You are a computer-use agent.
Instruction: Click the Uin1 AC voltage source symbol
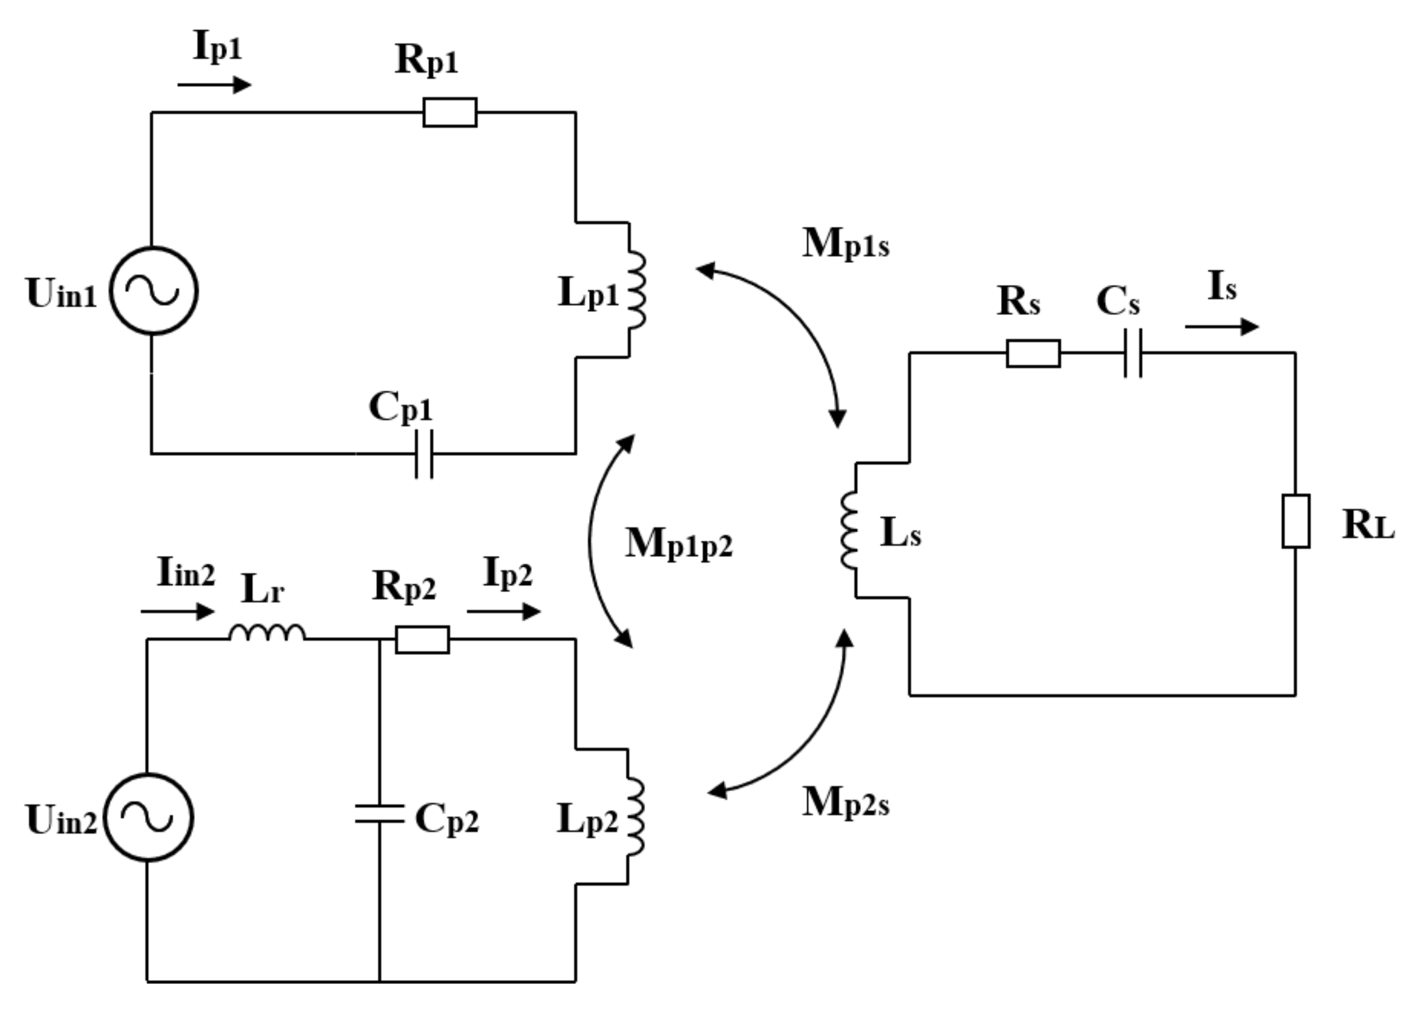point(154,291)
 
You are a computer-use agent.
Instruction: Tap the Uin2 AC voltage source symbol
point(149,817)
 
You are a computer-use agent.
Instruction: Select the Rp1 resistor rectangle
point(450,113)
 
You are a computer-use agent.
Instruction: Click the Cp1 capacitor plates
point(424,454)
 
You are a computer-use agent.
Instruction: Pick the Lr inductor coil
point(267,632)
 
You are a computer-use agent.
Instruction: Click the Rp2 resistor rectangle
point(423,640)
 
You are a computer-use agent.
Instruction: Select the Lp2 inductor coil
point(635,817)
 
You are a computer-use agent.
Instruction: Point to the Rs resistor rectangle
point(1033,353)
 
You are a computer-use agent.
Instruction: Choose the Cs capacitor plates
point(1132,353)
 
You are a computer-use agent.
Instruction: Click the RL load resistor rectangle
point(1296,521)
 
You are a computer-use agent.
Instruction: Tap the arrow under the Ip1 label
point(214,85)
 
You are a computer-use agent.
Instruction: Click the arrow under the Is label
point(1221,327)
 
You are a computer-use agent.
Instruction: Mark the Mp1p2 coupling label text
point(678,544)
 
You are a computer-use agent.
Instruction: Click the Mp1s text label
point(845,243)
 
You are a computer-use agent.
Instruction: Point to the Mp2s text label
point(845,803)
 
